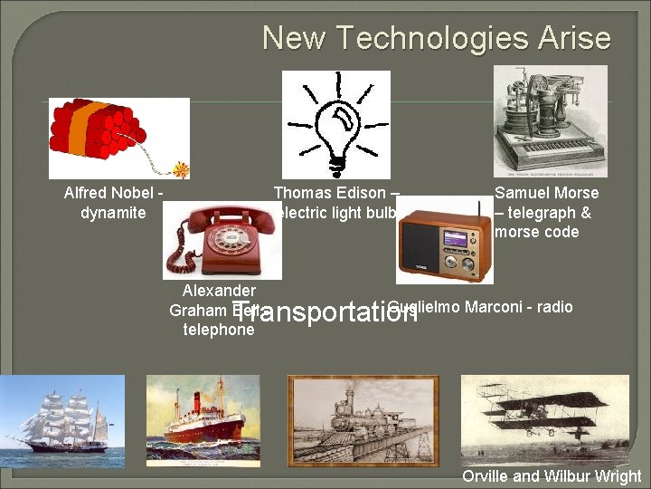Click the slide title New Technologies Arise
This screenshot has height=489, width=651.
[436, 39]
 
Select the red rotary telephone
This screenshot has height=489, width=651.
[221, 239]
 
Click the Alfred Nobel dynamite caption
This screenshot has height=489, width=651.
[113, 203]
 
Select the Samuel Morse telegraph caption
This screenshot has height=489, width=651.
[546, 212]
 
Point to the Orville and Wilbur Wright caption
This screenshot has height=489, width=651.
[552, 476]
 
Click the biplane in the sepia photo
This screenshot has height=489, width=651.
[542, 412]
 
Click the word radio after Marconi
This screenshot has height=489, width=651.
[554, 307]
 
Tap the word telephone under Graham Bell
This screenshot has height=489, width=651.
[219, 330]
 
